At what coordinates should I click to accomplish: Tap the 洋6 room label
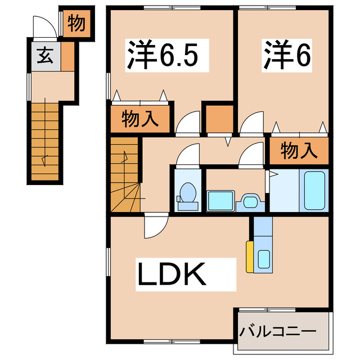coord(286,54)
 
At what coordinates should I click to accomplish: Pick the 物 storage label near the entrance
coord(76,24)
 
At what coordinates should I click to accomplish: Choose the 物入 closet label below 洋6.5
coord(138,119)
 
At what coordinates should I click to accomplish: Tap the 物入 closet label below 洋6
coord(298,150)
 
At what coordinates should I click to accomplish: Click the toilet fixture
coord(186,195)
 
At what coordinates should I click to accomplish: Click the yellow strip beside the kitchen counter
coord(248,256)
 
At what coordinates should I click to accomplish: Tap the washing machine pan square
coord(220,200)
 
